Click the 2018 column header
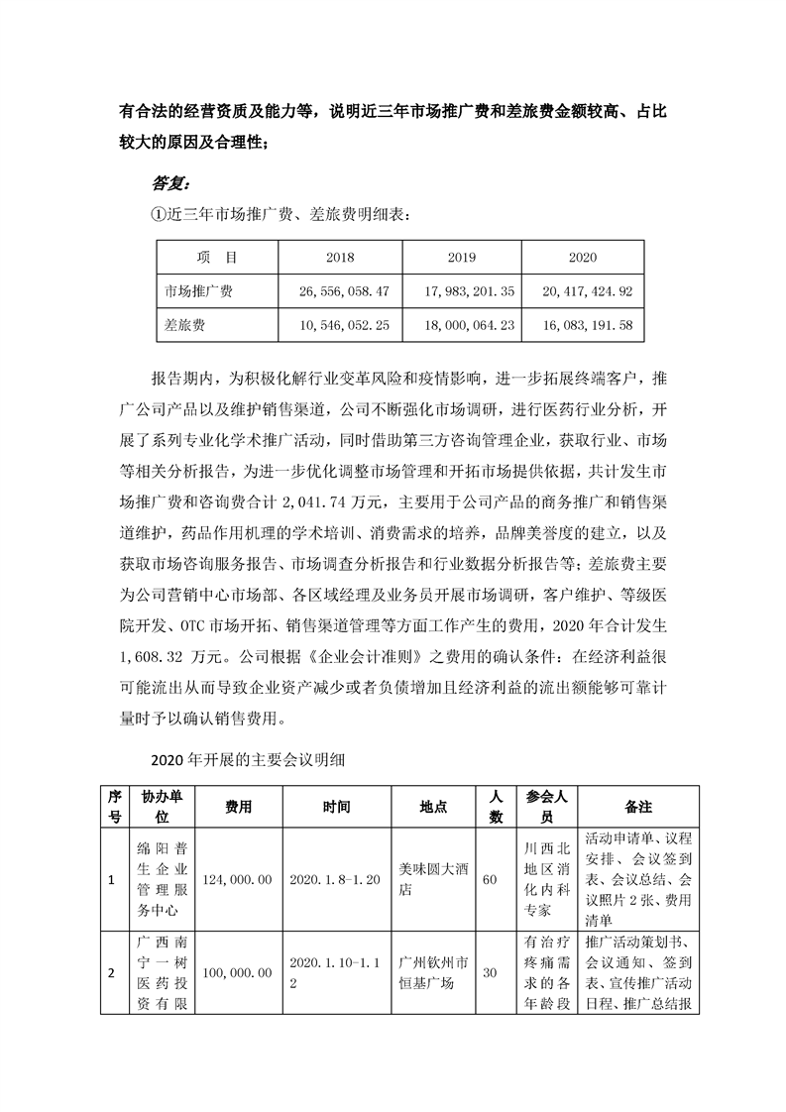click(x=340, y=258)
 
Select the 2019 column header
click(x=461, y=258)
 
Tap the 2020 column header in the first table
click(x=583, y=258)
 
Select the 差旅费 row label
click(x=185, y=324)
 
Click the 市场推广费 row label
click(x=198, y=291)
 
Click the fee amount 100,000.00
click(x=238, y=973)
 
